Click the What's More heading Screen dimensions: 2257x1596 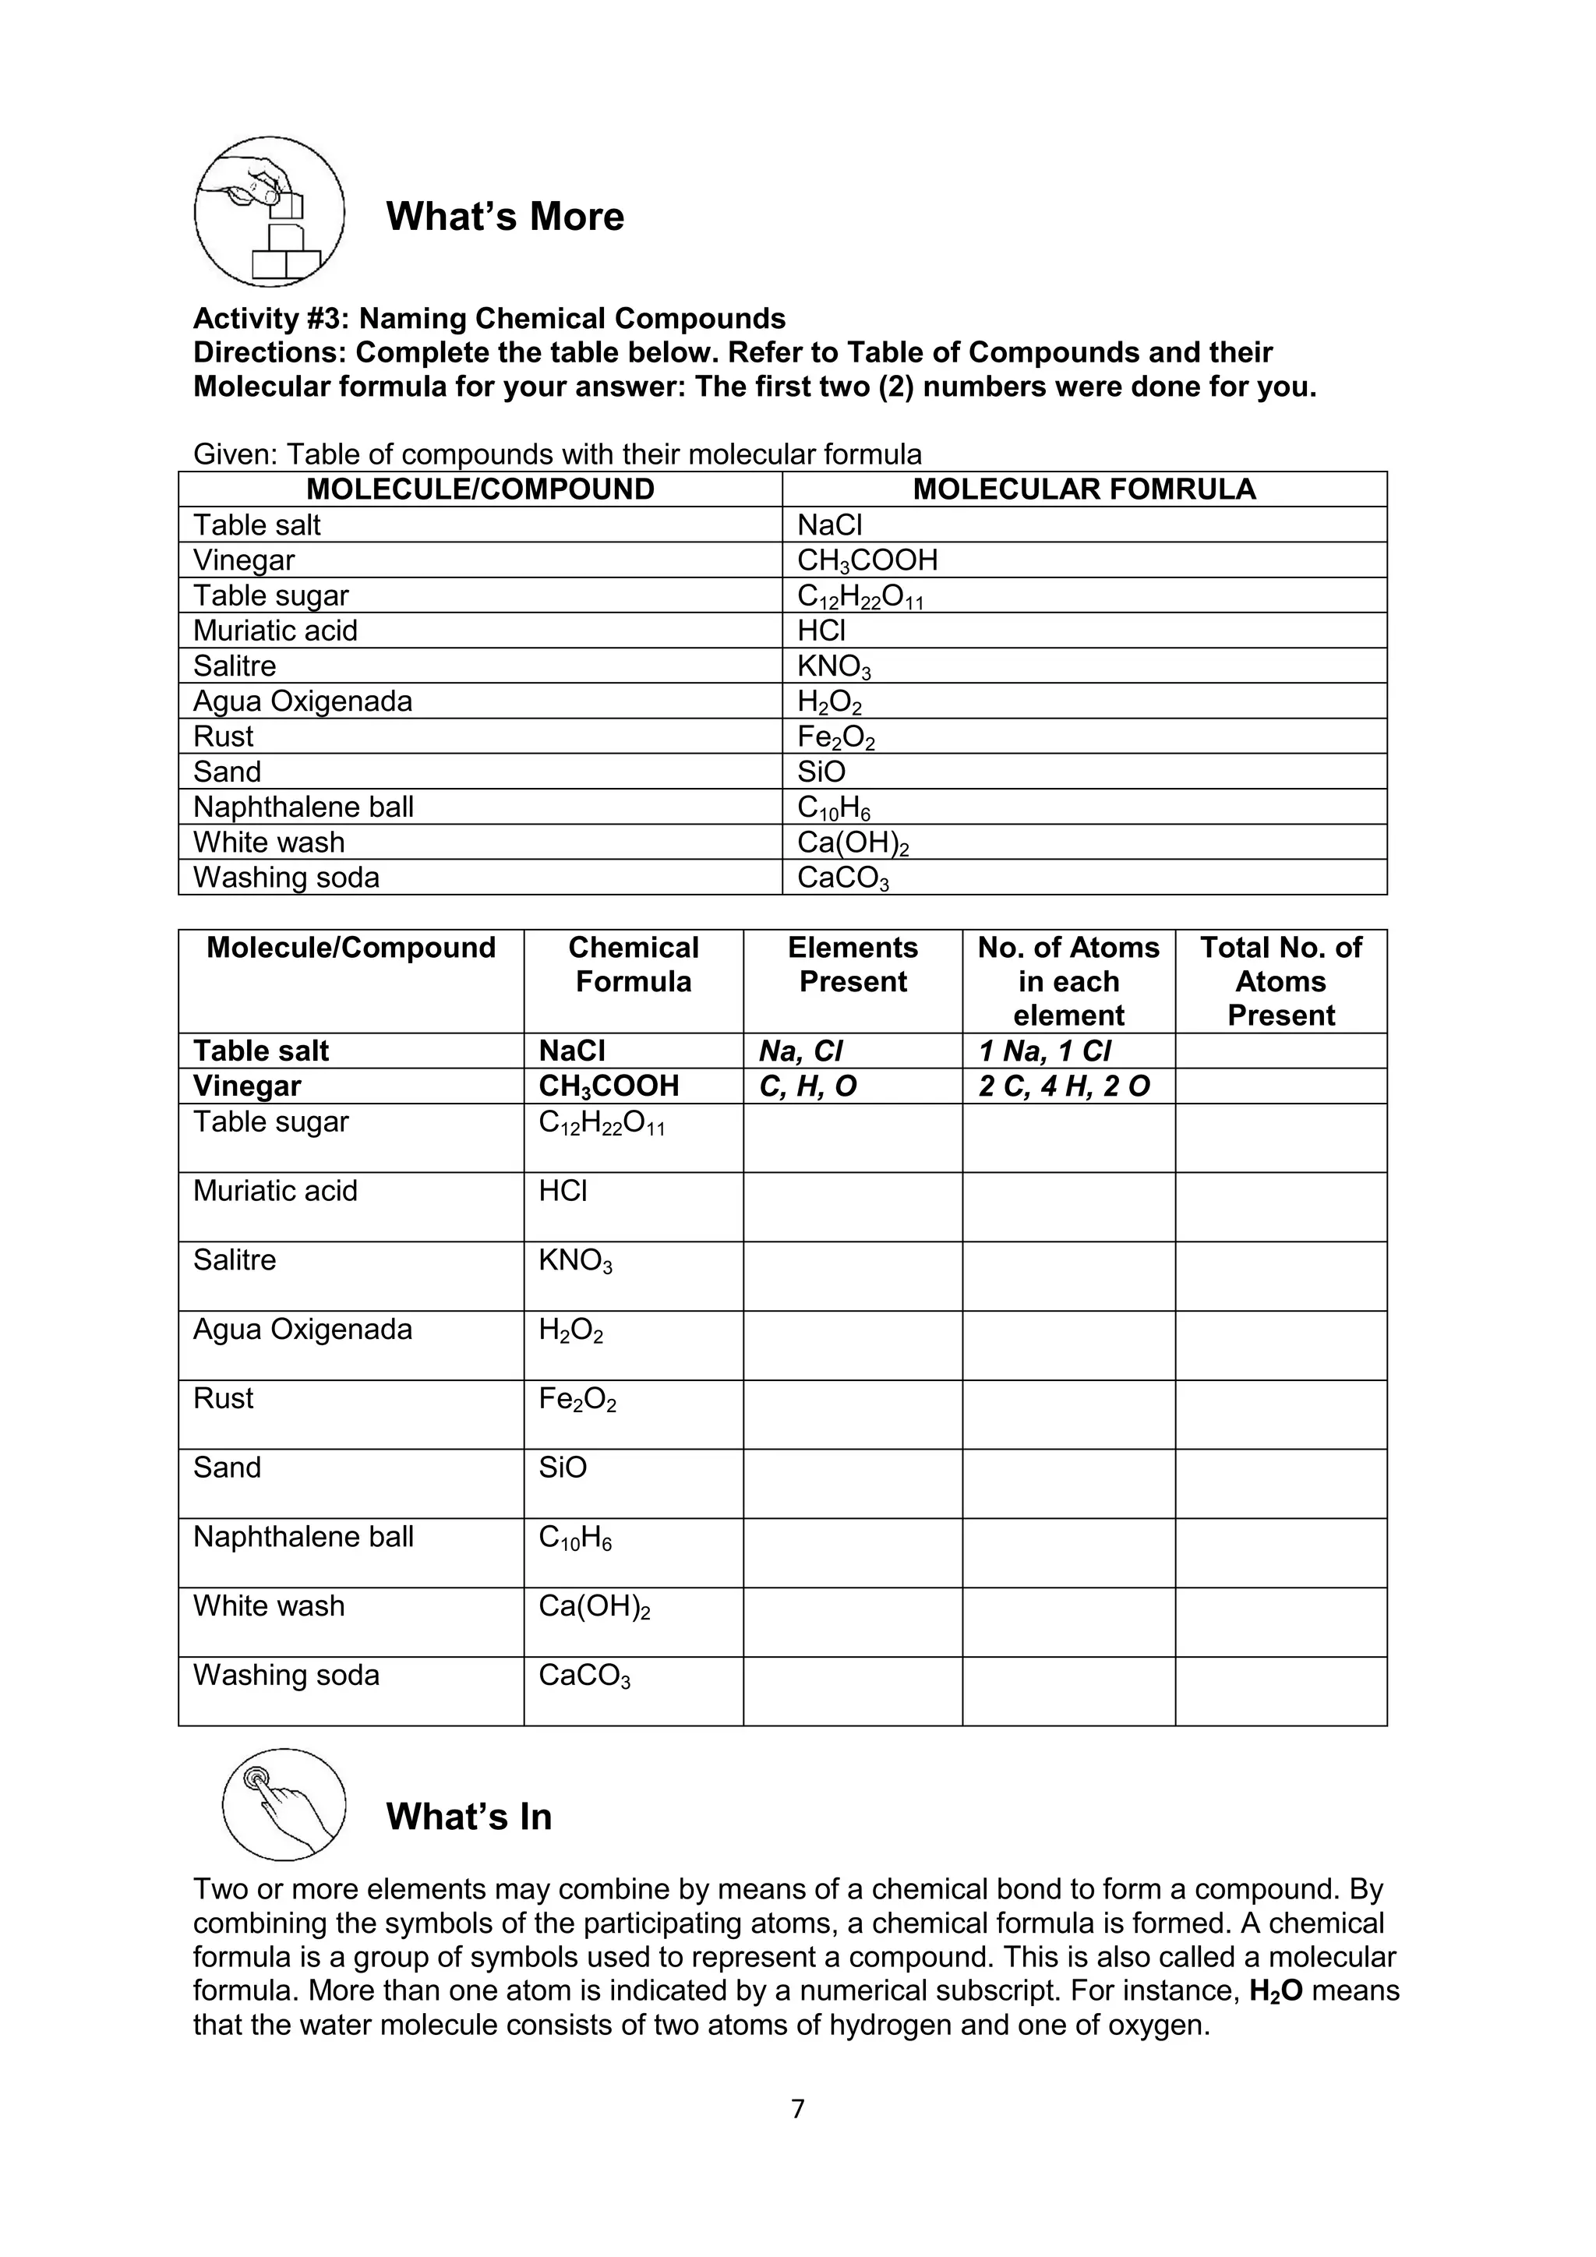[504, 216]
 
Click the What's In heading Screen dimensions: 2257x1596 [469, 1817]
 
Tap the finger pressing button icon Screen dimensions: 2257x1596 [283, 1805]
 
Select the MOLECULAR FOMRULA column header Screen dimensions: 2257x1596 [1084, 489]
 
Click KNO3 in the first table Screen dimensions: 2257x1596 [833, 666]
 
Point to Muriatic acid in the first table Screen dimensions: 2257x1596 [275, 631]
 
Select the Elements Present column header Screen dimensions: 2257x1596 [852, 964]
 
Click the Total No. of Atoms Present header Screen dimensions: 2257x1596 [1280, 981]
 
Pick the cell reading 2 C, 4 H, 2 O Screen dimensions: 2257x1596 [1065, 1086]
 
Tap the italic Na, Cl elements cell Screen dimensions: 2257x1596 [801, 1052]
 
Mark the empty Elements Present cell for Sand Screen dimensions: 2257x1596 [852, 1483]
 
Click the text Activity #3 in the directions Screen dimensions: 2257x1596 [271, 319]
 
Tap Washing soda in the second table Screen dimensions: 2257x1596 [286, 1675]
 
